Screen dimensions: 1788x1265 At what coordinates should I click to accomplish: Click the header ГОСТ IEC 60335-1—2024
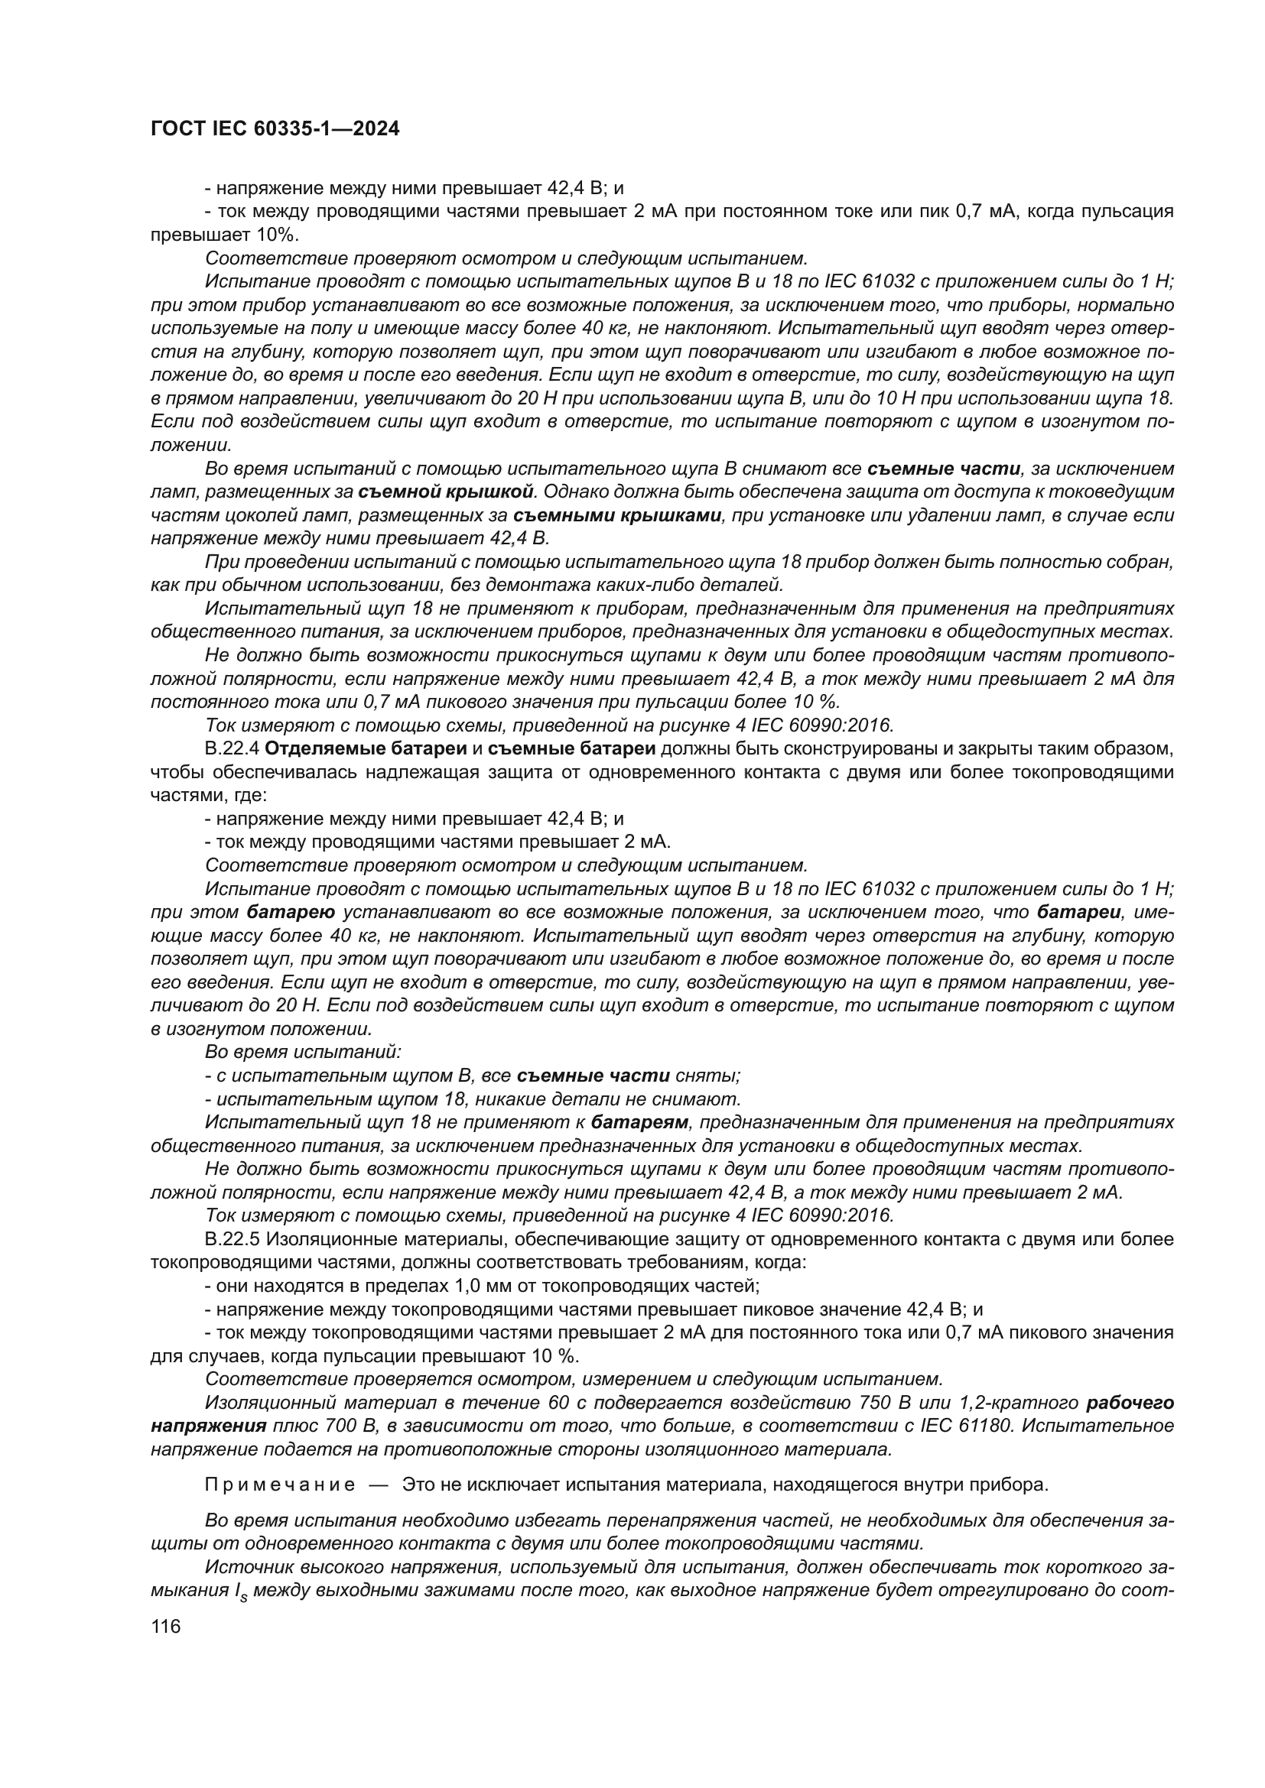tap(275, 129)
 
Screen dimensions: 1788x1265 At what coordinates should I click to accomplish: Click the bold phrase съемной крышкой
tap(447, 492)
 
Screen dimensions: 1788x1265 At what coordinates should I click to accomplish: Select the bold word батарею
tap(291, 912)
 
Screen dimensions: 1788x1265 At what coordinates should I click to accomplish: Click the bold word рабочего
tap(1130, 1403)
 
